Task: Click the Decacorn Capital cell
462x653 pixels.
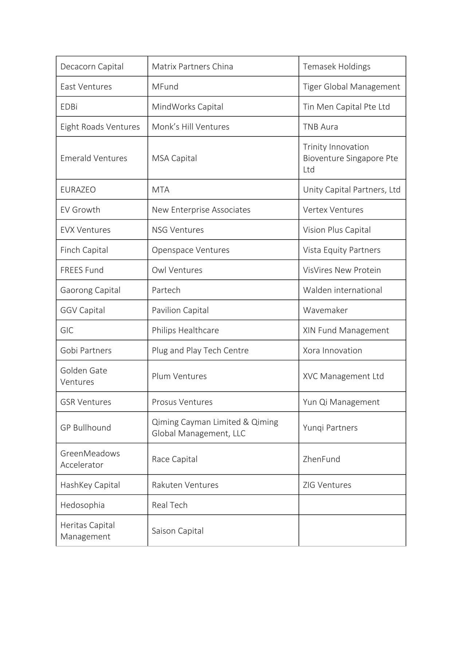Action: [92, 67]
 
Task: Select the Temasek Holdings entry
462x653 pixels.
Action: [336, 67]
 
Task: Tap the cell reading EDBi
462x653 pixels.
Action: [69, 107]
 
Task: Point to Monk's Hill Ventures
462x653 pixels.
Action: [190, 127]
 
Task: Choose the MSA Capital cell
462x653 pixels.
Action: [174, 158]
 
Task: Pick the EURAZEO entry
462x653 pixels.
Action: [78, 190]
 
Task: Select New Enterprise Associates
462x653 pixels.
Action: [201, 210]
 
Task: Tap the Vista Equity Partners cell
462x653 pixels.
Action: [341, 250]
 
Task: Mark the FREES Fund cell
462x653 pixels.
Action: [82, 270]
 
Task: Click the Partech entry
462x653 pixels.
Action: [166, 290]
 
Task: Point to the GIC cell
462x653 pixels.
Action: [67, 331]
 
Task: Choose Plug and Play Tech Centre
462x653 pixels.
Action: [200, 351]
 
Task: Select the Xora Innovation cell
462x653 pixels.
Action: [332, 351]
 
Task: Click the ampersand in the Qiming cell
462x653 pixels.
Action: [246, 422]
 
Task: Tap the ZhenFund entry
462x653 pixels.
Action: [321, 459]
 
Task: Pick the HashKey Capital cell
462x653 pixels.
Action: [90, 485]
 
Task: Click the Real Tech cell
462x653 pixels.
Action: [170, 505]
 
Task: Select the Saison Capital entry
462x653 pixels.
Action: [178, 531]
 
